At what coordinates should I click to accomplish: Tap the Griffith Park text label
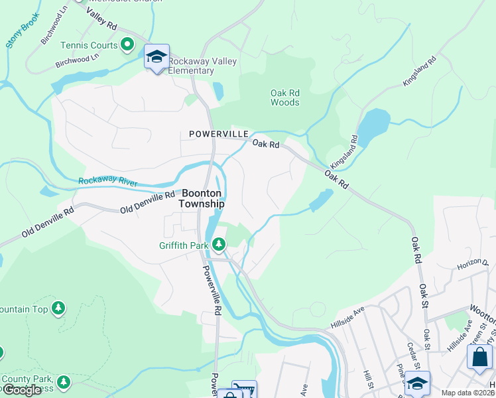184,245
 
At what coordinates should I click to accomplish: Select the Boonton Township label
202,197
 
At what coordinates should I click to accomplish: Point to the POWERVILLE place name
213,134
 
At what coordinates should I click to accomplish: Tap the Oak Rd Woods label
285,98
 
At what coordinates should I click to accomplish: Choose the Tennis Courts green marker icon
128,46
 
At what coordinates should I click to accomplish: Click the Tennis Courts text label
89,46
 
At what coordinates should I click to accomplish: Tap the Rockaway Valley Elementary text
202,66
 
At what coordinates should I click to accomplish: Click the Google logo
22,390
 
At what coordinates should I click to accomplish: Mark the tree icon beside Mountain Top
59,308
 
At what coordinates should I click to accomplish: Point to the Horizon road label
472,265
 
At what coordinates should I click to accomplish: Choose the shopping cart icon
243,391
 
